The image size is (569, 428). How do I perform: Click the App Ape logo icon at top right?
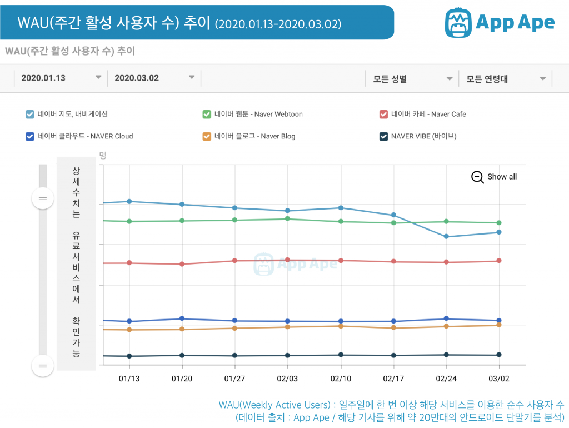click(x=458, y=22)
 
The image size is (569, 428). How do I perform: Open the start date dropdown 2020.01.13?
click(x=61, y=78)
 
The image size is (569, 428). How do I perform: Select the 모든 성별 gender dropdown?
click(x=412, y=79)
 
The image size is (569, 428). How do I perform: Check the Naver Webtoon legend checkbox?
click(x=207, y=115)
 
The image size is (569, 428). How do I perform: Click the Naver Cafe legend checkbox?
click(x=383, y=115)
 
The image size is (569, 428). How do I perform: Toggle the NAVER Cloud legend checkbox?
click(x=30, y=136)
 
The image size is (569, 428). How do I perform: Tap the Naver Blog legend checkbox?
click(x=207, y=136)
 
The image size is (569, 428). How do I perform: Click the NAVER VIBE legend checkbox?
click(x=383, y=136)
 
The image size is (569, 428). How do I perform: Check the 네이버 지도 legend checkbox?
click(x=30, y=115)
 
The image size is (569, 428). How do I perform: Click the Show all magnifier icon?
click(x=477, y=177)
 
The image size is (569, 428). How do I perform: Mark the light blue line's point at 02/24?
click(x=446, y=237)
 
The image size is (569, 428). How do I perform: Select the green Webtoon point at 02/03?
click(x=288, y=218)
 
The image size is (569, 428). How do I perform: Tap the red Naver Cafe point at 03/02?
click(x=499, y=261)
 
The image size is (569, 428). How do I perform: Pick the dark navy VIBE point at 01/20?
click(x=182, y=355)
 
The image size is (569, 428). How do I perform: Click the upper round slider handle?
click(x=43, y=198)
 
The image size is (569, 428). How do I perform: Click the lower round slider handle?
click(x=43, y=365)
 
